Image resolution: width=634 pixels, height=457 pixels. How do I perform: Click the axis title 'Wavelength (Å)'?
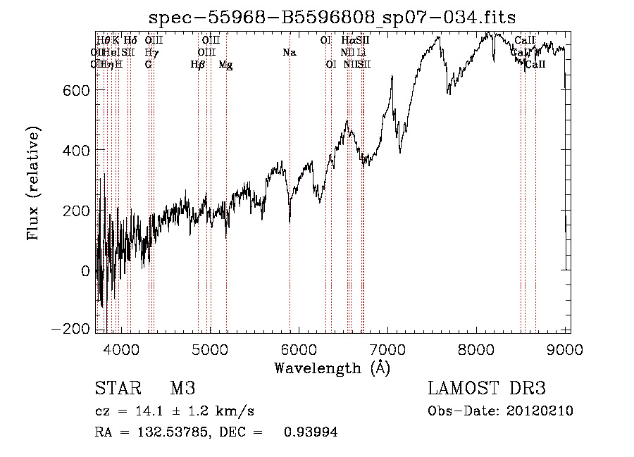[x=332, y=367]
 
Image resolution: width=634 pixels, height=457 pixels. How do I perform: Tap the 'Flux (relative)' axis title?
[x=34, y=182]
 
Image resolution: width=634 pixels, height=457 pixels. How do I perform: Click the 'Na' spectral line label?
[x=290, y=52]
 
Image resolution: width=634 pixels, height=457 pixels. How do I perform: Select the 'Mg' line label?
[x=225, y=65]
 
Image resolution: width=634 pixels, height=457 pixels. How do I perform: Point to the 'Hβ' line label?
[x=198, y=65]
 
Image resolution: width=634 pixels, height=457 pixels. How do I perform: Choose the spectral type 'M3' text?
[x=182, y=389]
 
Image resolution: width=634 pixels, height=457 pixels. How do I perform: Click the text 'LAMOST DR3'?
[x=487, y=389]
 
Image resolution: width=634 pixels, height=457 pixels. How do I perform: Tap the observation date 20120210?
[x=541, y=411]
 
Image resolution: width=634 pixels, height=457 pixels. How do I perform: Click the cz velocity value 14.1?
[x=145, y=411]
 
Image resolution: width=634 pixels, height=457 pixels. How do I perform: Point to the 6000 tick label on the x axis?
[x=299, y=347]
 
